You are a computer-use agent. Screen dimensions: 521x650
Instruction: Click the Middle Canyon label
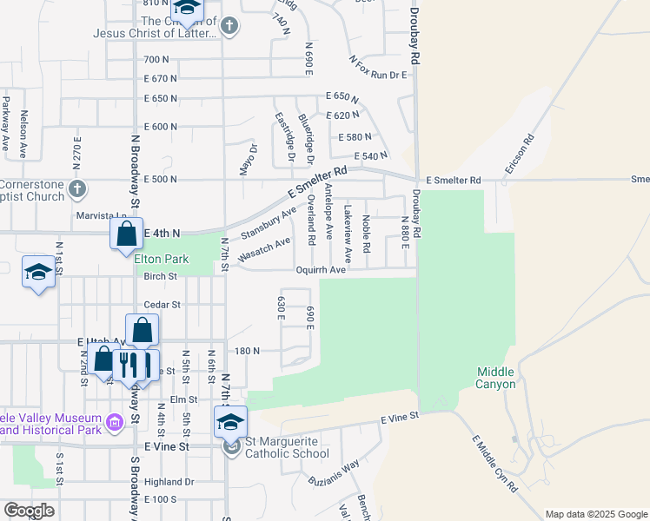(x=496, y=378)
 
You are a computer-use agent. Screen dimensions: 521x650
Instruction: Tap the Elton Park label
(x=161, y=259)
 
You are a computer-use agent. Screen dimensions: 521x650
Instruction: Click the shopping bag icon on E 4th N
(x=126, y=234)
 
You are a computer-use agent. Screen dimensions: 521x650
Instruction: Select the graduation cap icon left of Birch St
(x=38, y=274)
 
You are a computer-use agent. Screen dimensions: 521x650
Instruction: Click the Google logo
(x=29, y=511)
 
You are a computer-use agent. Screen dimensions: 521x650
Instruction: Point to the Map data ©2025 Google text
(x=595, y=514)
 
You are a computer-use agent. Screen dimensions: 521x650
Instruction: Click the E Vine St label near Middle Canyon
(x=400, y=418)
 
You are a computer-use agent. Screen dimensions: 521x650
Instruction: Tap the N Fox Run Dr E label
(x=378, y=69)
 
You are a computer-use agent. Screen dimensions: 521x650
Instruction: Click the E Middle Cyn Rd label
(x=494, y=465)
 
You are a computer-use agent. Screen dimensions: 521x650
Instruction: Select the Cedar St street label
(x=162, y=305)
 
